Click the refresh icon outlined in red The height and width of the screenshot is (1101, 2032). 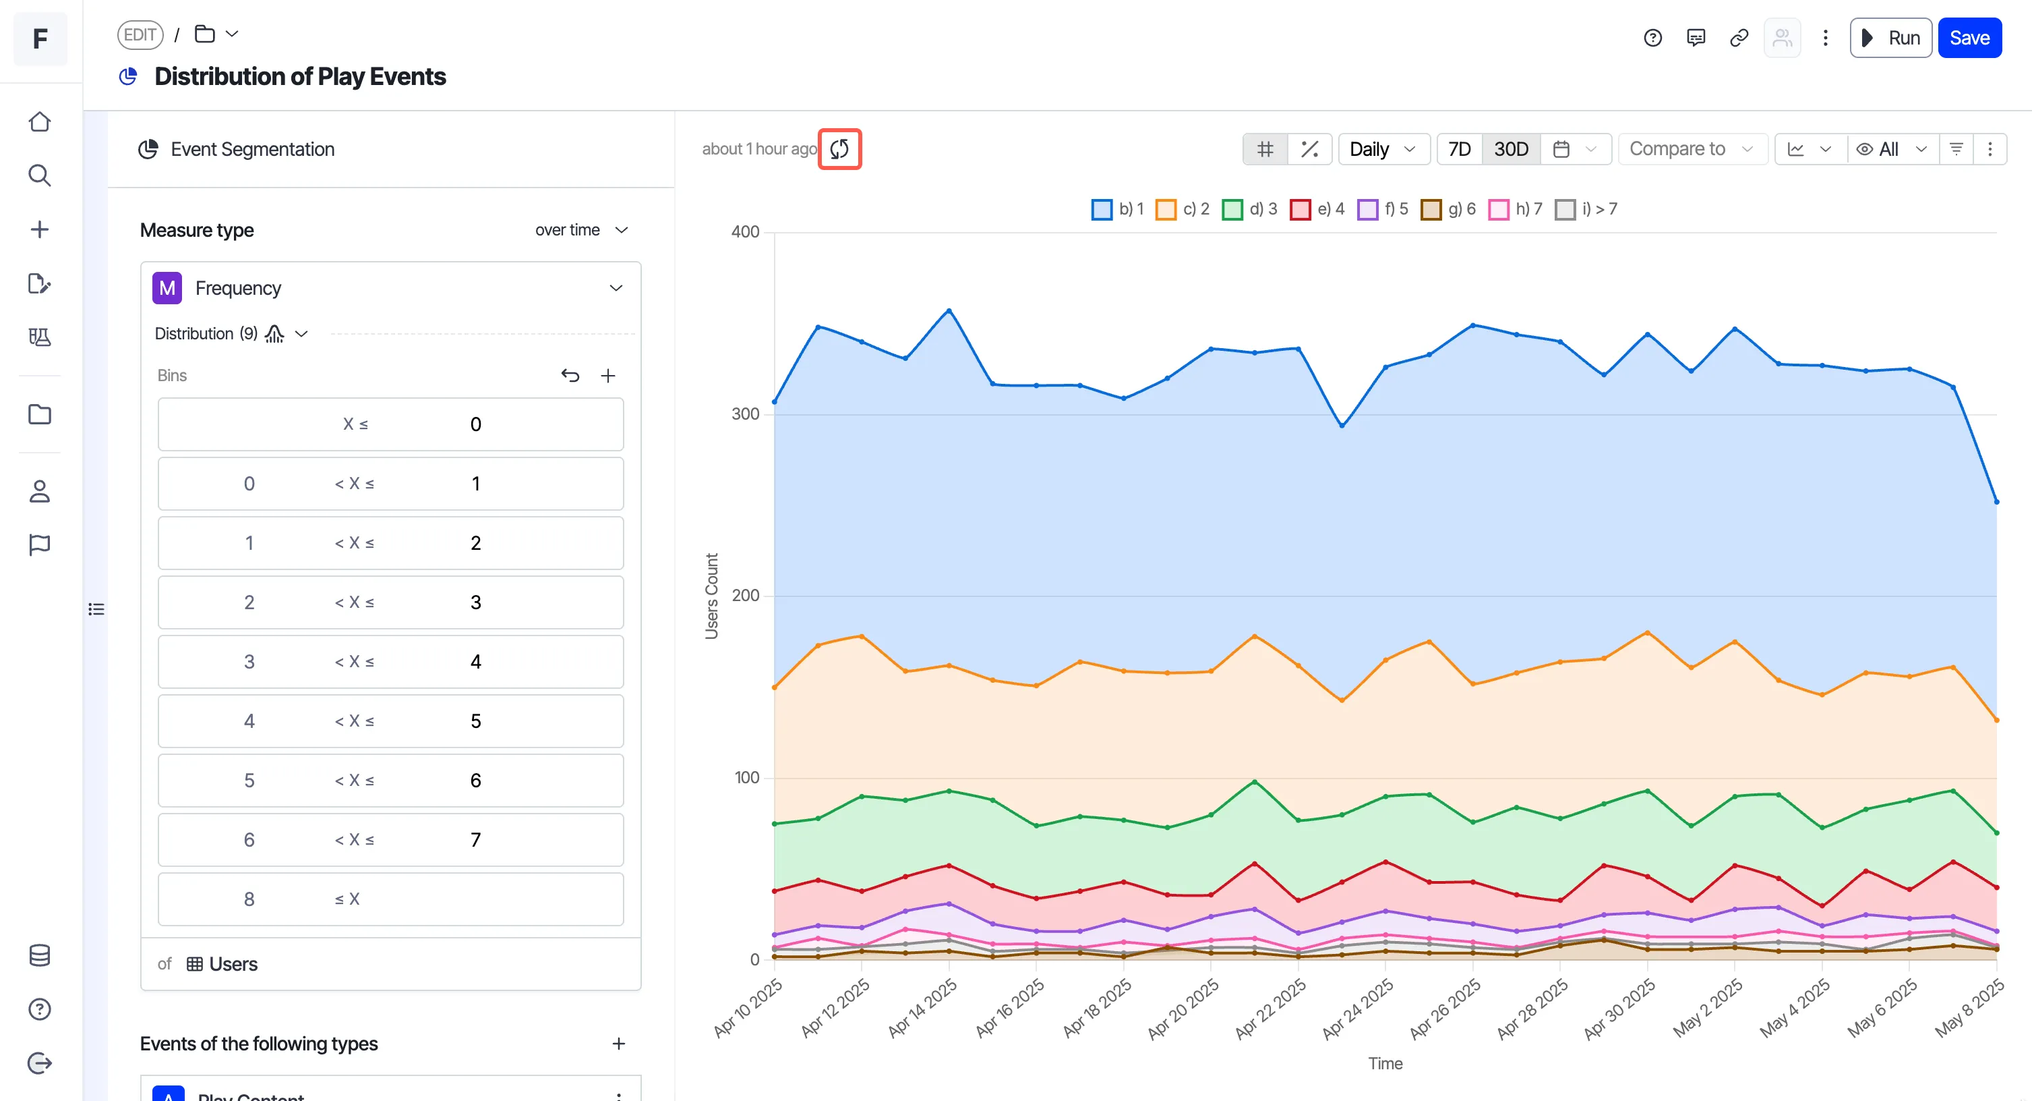click(x=839, y=148)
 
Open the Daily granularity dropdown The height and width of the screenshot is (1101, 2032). click(x=1383, y=149)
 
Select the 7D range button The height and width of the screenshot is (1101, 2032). click(x=1460, y=149)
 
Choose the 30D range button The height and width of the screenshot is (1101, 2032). click(x=1511, y=149)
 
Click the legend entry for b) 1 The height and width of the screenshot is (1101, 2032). click(x=1117, y=209)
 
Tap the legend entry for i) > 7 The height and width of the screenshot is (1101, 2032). click(x=1586, y=209)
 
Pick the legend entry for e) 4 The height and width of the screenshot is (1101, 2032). click(x=1317, y=209)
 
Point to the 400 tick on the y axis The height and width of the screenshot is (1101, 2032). click(x=745, y=232)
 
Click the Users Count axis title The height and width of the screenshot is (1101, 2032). click(x=711, y=596)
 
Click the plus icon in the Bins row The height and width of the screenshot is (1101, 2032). click(x=607, y=376)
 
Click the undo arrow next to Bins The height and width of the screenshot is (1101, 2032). click(x=570, y=376)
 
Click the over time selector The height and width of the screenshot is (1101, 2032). click(x=580, y=229)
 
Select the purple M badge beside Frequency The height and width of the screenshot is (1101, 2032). click(x=167, y=288)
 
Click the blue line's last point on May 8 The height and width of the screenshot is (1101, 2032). click(x=1996, y=502)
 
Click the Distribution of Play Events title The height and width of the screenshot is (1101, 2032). click(x=300, y=76)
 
